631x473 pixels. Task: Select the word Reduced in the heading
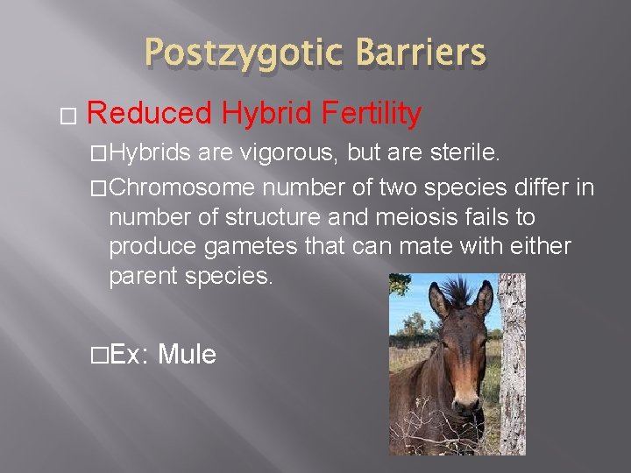click(x=150, y=114)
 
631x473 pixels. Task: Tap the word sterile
click(x=464, y=154)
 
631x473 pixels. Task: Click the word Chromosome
click(x=181, y=187)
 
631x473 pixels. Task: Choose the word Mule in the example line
click(x=187, y=355)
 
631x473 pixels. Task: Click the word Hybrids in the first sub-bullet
click(x=150, y=154)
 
